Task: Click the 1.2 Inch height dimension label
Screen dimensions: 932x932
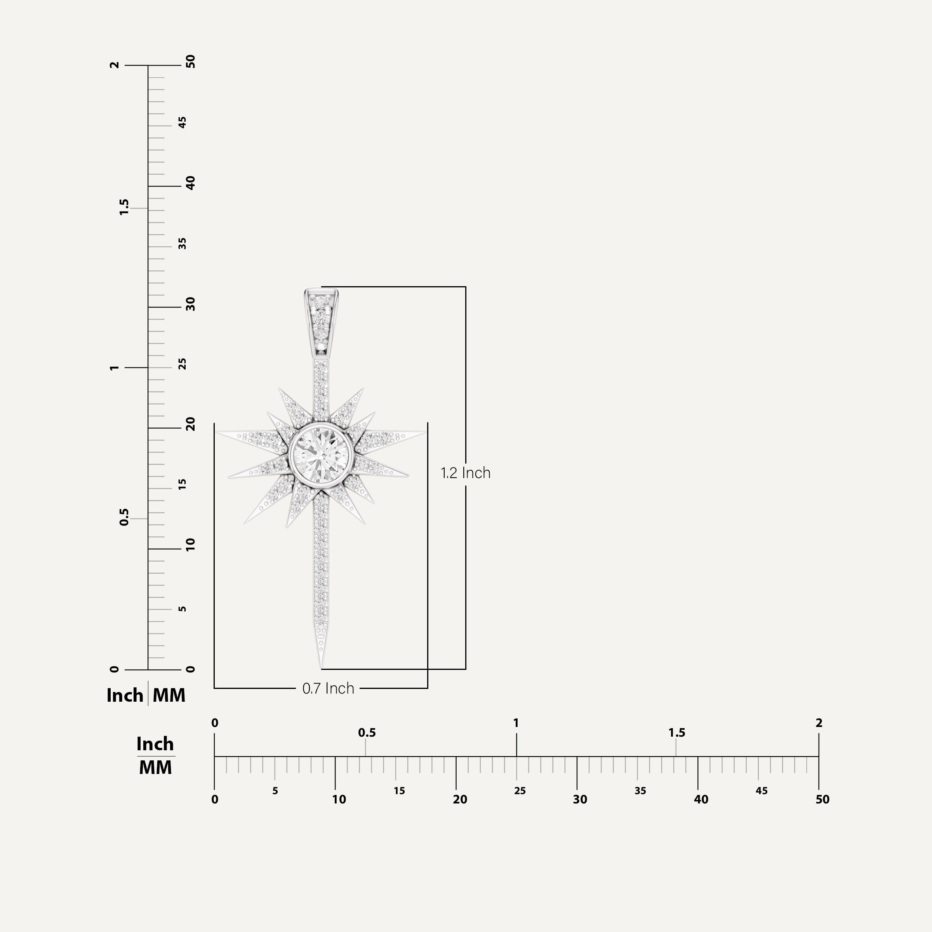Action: point(465,473)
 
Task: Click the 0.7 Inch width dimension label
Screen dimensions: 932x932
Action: point(328,689)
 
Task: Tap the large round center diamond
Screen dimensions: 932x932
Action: point(321,454)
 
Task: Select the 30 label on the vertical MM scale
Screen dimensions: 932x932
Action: point(191,304)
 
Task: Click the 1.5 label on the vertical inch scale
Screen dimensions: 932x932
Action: point(124,207)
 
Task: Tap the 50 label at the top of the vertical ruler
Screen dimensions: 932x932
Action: point(191,62)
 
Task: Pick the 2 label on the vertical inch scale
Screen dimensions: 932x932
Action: point(114,65)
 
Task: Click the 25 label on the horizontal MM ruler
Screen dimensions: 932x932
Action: point(520,791)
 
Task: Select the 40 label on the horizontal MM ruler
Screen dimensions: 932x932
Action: point(701,800)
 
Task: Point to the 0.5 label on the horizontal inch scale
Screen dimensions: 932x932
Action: point(367,733)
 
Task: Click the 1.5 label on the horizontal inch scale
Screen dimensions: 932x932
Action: point(676,733)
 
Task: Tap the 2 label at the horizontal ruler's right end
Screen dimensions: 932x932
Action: point(819,723)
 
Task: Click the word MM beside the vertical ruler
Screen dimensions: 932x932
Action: point(169,696)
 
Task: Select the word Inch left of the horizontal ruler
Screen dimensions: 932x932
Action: point(155,744)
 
